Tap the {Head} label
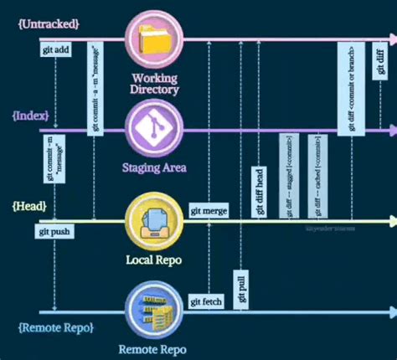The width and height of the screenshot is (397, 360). pyautogui.click(x=29, y=206)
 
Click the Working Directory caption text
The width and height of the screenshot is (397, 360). pyautogui.click(x=155, y=84)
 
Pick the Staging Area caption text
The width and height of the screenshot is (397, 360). pyautogui.click(x=155, y=167)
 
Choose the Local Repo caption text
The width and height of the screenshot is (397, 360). pyautogui.click(x=155, y=260)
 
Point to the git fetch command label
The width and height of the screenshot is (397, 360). pyautogui.click(x=207, y=301)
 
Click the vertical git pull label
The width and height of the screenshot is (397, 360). pyautogui.click(x=242, y=290)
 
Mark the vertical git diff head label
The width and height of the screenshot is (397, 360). pyautogui.click(x=260, y=192)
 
